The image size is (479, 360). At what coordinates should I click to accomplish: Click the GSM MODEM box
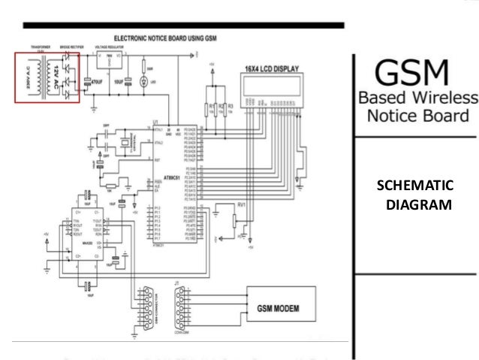[279, 307]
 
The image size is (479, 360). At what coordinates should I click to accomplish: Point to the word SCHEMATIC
[414, 186]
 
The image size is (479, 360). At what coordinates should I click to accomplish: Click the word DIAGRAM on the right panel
[417, 204]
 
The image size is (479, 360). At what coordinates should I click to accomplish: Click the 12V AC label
[53, 78]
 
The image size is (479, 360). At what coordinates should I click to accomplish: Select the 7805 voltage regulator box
[107, 60]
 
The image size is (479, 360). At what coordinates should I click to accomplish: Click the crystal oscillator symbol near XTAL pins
[118, 142]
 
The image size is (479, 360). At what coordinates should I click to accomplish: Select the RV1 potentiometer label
[241, 204]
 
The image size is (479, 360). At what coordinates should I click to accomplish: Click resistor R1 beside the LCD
[212, 105]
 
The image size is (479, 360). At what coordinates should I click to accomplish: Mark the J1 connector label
[178, 283]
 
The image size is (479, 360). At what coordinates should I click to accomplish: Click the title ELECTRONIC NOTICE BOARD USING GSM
[166, 38]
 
